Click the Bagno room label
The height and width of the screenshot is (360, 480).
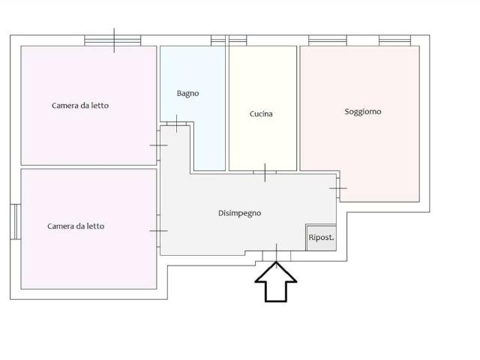pyautogui.click(x=187, y=93)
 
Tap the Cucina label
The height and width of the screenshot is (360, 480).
pyautogui.click(x=261, y=114)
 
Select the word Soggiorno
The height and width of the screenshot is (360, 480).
pyautogui.click(x=363, y=112)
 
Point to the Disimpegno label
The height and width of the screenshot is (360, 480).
pyautogui.click(x=239, y=213)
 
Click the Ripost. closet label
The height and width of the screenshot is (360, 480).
pyautogui.click(x=321, y=238)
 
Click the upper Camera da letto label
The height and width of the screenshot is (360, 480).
pyautogui.click(x=80, y=106)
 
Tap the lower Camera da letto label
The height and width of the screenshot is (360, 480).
pyautogui.click(x=76, y=226)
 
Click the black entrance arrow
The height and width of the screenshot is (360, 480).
pyautogui.click(x=276, y=282)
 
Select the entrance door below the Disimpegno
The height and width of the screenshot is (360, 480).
pyautogui.click(x=277, y=256)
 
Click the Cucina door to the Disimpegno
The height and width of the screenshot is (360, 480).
pyautogui.click(x=265, y=172)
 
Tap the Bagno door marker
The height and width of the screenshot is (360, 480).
pyautogui.click(x=177, y=124)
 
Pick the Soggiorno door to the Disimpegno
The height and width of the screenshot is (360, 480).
pyautogui.click(x=338, y=188)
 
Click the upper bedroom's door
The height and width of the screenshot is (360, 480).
pyautogui.click(x=158, y=145)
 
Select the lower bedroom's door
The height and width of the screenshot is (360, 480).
pyautogui.click(x=158, y=231)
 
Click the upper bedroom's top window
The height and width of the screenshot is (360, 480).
pyautogui.click(x=112, y=40)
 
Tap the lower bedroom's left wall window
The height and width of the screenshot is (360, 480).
pyautogui.click(x=16, y=222)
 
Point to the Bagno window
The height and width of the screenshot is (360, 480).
pyautogui.click(x=218, y=40)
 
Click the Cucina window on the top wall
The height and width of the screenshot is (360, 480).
pyautogui.click(x=238, y=40)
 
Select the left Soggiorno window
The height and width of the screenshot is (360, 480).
pyautogui.click(x=328, y=40)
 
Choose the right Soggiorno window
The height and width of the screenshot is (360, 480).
pyautogui.click(x=395, y=40)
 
